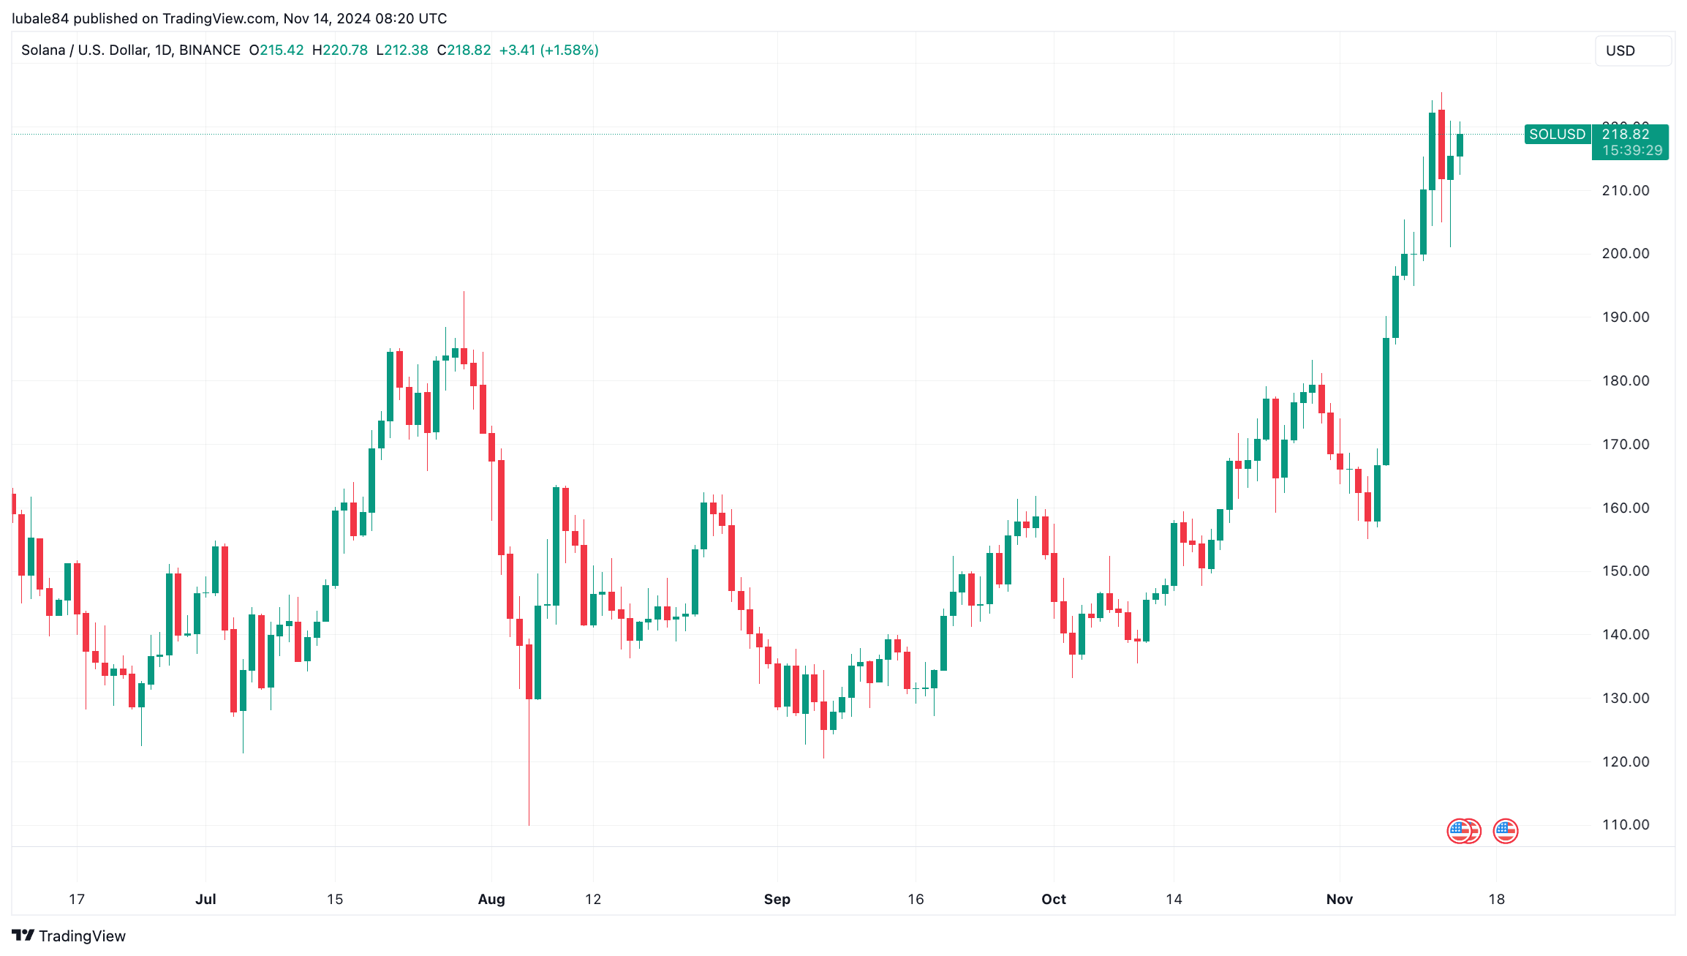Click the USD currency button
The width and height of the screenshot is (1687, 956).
pyautogui.click(x=1632, y=50)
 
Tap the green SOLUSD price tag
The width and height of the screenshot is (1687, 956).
pyautogui.click(x=1557, y=135)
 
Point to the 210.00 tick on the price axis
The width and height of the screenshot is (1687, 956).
pyautogui.click(x=1625, y=191)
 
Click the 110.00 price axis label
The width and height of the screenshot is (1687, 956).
pyautogui.click(x=1625, y=825)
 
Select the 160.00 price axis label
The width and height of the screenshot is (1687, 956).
pyautogui.click(x=1625, y=508)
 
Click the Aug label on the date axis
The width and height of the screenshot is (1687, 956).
pyautogui.click(x=491, y=899)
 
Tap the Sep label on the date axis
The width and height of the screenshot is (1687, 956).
pyautogui.click(x=777, y=899)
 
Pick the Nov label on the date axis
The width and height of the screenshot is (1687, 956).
pyautogui.click(x=1339, y=899)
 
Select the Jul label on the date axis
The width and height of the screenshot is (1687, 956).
pyautogui.click(x=205, y=899)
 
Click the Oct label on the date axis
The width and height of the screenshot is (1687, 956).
pyautogui.click(x=1053, y=899)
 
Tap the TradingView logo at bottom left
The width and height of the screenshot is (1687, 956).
pyautogui.click(x=69, y=936)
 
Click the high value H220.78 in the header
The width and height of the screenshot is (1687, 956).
pyautogui.click(x=340, y=50)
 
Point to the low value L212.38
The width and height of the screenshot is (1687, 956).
pyautogui.click(x=402, y=50)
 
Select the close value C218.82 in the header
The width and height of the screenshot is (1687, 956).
pyautogui.click(x=464, y=50)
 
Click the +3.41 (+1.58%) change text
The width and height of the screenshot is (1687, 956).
pyautogui.click(x=548, y=50)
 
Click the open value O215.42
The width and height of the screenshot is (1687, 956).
pyautogui.click(x=276, y=50)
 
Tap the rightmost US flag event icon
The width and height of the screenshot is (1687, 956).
pyautogui.click(x=1505, y=831)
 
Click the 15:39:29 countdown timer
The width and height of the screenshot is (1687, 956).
pyautogui.click(x=1631, y=151)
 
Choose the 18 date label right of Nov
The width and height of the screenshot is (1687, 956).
pyautogui.click(x=1496, y=899)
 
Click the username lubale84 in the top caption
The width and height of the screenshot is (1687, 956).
pyautogui.click(x=40, y=18)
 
